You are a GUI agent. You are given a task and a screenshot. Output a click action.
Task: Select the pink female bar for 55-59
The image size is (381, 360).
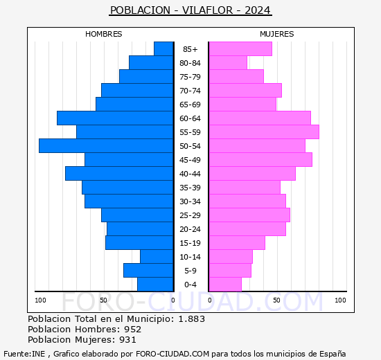(x=263, y=132)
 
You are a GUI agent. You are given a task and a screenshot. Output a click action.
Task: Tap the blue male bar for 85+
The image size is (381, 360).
(x=163, y=48)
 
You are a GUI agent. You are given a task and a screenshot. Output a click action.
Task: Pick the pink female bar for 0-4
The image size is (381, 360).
(x=225, y=284)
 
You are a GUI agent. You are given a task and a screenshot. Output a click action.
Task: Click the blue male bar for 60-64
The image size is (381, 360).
(x=115, y=118)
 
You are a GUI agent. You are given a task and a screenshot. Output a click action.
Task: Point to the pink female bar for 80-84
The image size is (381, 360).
(x=228, y=62)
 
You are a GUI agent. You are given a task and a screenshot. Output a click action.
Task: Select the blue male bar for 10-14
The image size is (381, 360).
(x=157, y=256)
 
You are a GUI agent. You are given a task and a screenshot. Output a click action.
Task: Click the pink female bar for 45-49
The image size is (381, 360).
(x=260, y=159)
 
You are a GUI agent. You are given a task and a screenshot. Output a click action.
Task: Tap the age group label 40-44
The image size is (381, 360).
(x=190, y=174)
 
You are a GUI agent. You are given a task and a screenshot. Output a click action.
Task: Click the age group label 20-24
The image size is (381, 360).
(x=190, y=229)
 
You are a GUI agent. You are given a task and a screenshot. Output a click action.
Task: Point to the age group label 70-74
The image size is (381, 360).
(x=190, y=91)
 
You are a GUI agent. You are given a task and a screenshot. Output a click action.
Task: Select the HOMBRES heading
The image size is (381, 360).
(x=104, y=34)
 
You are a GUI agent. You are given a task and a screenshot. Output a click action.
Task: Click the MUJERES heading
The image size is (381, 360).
(x=277, y=34)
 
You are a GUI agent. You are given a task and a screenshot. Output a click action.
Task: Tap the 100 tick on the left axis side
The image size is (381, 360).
(x=41, y=300)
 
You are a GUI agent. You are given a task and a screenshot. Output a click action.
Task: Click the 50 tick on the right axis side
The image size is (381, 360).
(x=276, y=300)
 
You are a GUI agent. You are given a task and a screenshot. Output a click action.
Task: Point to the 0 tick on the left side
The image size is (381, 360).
(x=173, y=300)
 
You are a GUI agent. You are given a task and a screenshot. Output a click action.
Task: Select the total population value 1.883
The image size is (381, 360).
(x=192, y=319)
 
